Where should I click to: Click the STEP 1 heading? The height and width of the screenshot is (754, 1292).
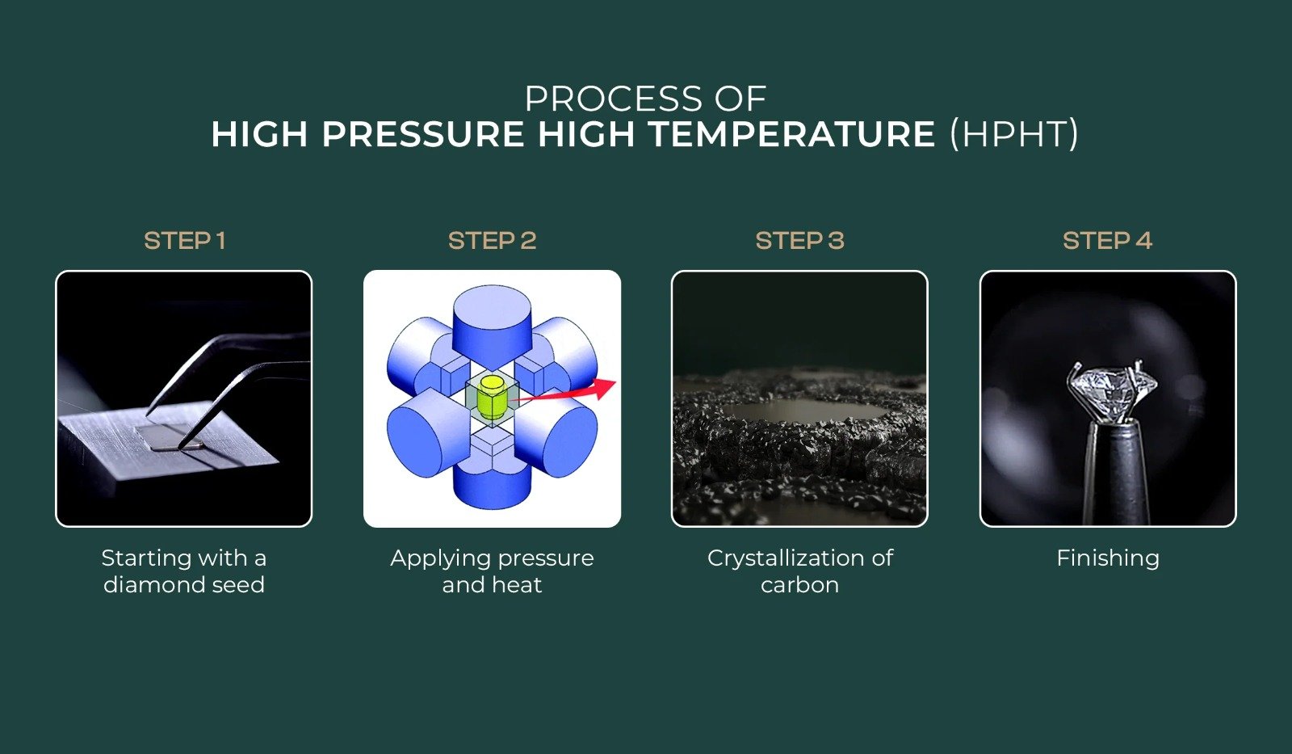coord(184,241)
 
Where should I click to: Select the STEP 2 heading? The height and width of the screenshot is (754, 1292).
coord(492,241)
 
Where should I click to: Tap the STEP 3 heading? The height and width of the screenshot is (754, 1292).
coord(799,241)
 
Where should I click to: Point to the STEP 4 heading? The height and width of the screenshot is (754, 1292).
coord(1107,241)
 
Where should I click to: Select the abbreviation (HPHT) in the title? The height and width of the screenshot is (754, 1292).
coord(1014,134)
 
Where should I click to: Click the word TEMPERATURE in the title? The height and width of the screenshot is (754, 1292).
coord(791,134)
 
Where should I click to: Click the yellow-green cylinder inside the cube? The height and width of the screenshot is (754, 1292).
coord(490,396)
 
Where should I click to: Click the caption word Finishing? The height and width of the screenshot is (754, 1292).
coord(1107,558)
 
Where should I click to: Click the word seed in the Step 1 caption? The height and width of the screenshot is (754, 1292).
coord(237,584)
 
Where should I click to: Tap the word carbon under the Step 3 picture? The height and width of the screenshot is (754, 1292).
coord(799,584)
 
